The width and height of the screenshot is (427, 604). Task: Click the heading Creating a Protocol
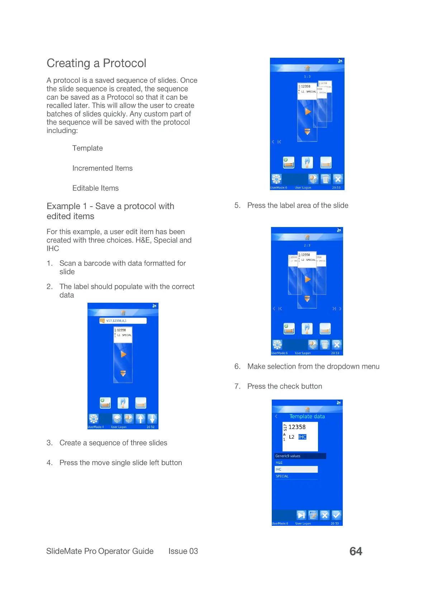pyautogui.click(x=96, y=63)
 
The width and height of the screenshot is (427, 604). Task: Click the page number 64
pyautogui.click(x=356, y=551)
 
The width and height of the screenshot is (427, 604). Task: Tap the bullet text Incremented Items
pyautogui.click(x=102, y=168)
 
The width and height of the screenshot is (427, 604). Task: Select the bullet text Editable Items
pyautogui.click(x=95, y=188)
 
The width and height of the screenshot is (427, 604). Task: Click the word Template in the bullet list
pyautogui.click(x=87, y=148)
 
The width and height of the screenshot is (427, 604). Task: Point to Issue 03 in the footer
pyautogui.click(x=183, y=551)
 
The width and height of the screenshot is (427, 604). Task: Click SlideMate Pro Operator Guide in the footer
pyautogui.click(x=100, y=551)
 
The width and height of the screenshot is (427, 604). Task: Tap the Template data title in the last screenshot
pyautogui.click(x=307, y=416)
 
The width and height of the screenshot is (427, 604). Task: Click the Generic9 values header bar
pyautogui.click(x=300, y=456)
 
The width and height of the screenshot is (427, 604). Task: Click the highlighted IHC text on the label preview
pyautogui.click(x=302, y=437)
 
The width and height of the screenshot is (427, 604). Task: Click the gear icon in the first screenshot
pyautogui.click(x=94, y=419)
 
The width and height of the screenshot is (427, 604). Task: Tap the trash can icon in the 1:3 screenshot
pyautogui.click(x=325, y=179)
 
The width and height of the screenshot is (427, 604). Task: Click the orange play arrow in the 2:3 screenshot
pyautogui.click(x=307, y=279)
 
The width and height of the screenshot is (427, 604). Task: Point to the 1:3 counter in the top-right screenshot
pyautogui.click(x=307, y=77)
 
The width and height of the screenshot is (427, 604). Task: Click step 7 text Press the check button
pyautogui.click(x=284, y=386)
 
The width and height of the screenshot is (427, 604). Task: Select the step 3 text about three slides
pyautogui.click(x=113, y=443)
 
